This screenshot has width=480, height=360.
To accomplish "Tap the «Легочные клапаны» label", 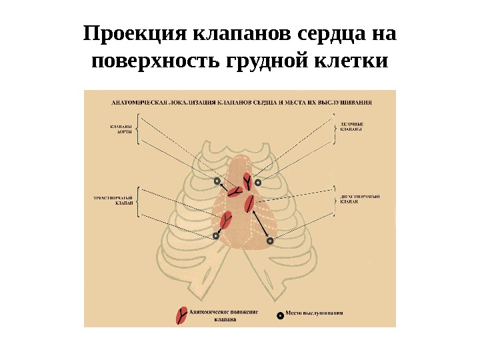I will [x=351, y=127].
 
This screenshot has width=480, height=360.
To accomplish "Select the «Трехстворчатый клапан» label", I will [x=117, y=201].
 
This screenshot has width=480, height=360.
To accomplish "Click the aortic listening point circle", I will [x=217, y=181].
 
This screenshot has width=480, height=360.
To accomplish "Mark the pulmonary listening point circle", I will [x=258, y=181].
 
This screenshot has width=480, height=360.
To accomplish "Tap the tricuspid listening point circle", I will [x=216, y=235].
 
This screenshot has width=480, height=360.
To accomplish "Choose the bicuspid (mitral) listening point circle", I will [x=270, y=241].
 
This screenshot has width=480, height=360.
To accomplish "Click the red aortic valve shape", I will [x=234, y=192].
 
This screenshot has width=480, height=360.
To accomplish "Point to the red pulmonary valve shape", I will [x=247, y=181].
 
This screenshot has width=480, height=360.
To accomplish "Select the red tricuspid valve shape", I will [x=226, y=219].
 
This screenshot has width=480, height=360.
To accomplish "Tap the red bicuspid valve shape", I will [x=250, y=203].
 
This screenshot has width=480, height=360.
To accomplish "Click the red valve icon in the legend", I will [x=180, y=315].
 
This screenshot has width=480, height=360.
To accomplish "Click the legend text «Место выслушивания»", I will [x=315, y=313].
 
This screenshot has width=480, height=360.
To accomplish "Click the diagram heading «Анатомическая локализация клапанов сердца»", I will [x=200, y=103].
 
